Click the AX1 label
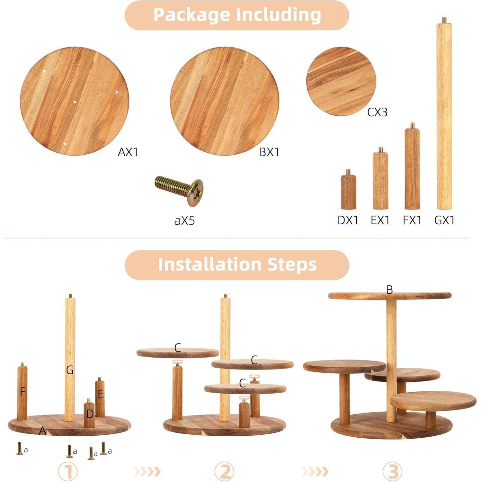(128, 152)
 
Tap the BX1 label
(269, 152)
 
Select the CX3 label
(377, 112)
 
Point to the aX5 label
(184, 221)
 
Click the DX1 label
(348, 220)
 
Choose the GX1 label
(445, 220)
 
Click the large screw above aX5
(179, 190)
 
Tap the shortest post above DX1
(348, 189)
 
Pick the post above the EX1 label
(380, 178)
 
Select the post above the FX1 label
(412, 166)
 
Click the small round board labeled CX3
(341, 81)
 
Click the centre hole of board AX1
(75, 103)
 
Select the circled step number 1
(68, 472)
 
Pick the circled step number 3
(393, 472)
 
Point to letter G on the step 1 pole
(70, 370)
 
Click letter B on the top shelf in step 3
(390, 290)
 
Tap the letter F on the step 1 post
(22, 392)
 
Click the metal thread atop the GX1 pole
(444, 20)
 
